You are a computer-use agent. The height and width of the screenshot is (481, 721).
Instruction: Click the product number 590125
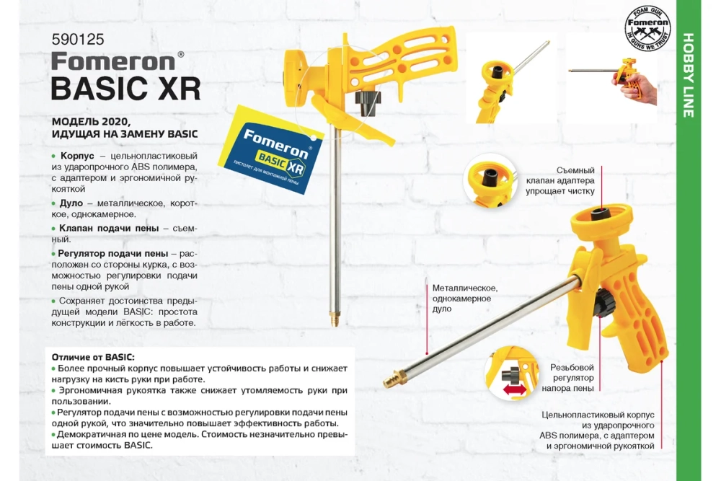(x=73, y=41)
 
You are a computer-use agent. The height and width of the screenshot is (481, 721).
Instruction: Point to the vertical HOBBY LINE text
(x=688, y=75)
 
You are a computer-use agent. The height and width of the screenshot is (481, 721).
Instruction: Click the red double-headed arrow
(x=514, y=389)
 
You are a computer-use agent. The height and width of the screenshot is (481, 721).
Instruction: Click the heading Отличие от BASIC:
(x=93, y=357)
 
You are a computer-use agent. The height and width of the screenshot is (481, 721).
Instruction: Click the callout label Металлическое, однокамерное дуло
(x=462, y=298)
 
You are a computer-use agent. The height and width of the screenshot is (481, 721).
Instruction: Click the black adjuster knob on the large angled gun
(x=603, y=303)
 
